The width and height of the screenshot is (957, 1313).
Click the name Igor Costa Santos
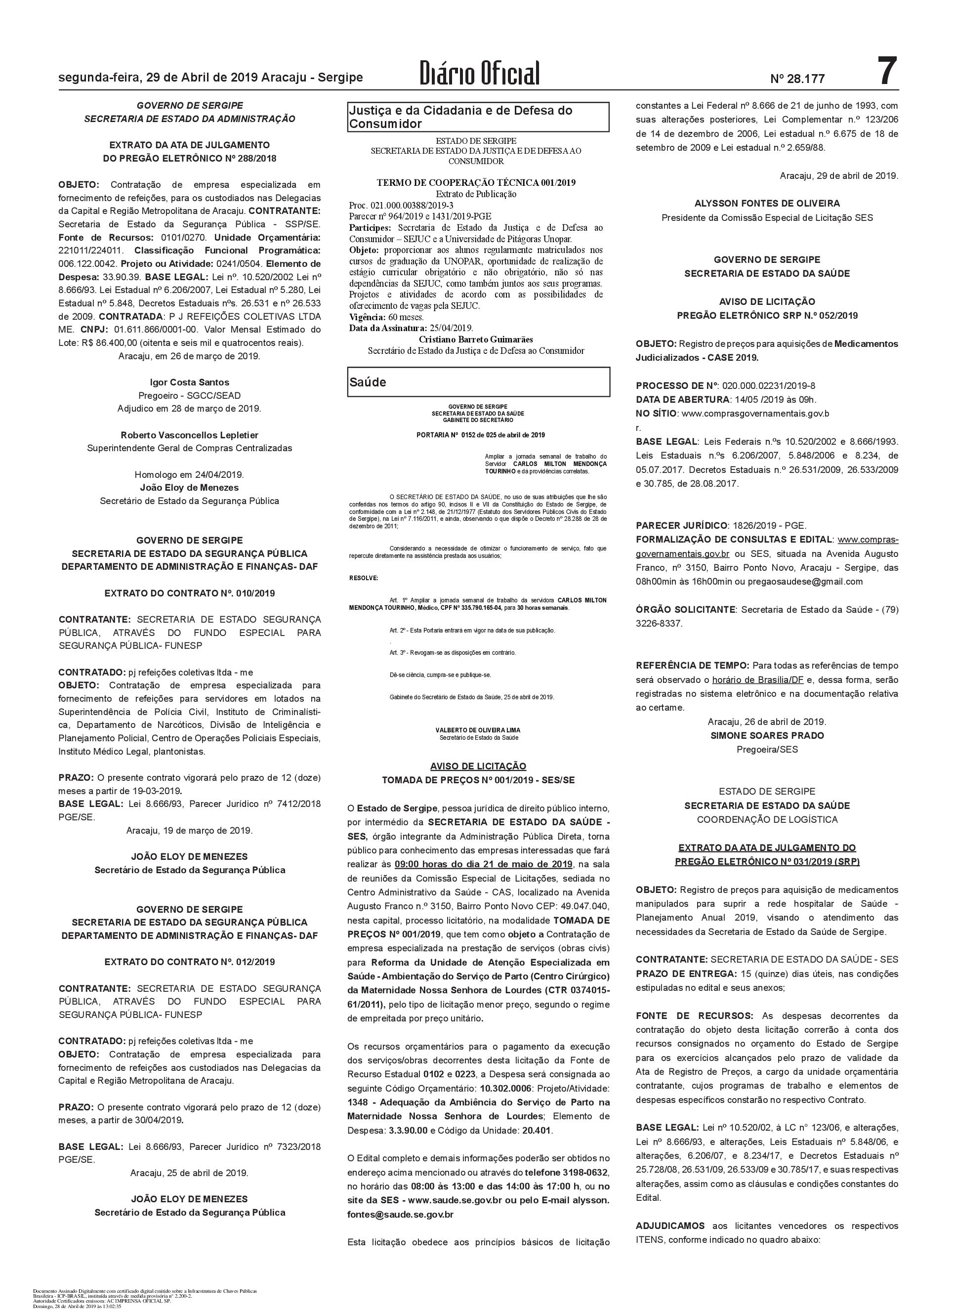[x=189, y=382]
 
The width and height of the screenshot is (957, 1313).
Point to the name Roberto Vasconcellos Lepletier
[x=189, y=435]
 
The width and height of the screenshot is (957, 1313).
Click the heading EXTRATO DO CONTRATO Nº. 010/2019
[x=189, y=593]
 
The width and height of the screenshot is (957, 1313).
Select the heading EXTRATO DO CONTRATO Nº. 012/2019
[x=189, y=962]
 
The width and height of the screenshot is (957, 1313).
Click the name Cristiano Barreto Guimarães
[x=476, y=339]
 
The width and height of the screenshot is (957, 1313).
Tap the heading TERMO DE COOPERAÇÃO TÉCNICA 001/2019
[x=476, y=182]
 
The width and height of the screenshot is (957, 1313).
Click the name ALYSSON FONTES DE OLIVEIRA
[x=767, y=204]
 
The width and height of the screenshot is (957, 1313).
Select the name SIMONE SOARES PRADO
[x=767, y=735]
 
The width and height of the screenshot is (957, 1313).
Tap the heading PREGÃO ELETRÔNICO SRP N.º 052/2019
[x=767, y=316]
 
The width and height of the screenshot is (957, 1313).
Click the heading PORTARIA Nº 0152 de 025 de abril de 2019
[x=480, y=434]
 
